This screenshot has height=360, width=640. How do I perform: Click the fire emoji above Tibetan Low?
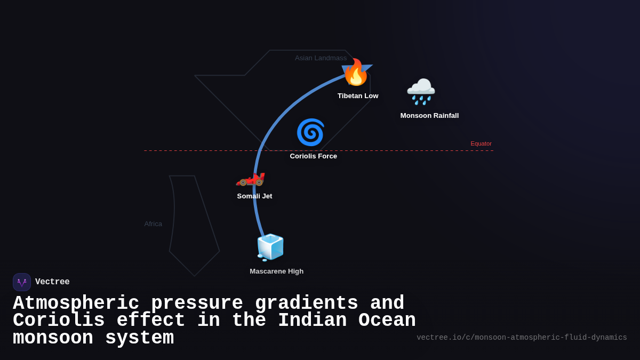pyautogui.click(x=356, y=73)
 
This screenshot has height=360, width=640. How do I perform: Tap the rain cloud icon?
pyautogui.click(x=421, y=91)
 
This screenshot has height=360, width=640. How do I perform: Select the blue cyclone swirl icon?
pyautogui.click(x=310, y=132)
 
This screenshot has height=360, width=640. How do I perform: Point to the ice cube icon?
pyautogui.click(x=270, y=247)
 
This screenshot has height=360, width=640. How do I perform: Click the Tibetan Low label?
pyautogui.click(x=358, y=96)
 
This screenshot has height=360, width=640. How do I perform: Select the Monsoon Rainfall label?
pyautogui.click(x=429, y=116)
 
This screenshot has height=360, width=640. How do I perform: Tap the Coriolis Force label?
pyautogui.click(x=313, y=156)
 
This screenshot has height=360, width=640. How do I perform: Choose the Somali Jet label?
pyautogui.click(x=254, y=196)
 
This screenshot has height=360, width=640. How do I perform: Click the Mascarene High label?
pyautogui.click(x=276, y=271)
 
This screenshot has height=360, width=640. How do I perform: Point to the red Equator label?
pyautogui.click(x=481, y=143)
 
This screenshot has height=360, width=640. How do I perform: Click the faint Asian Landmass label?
pyautogui.click(x=321, y=58)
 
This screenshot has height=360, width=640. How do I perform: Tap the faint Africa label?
pyautogui.click(x=153, y=224)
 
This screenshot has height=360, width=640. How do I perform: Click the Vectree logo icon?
pyautogui.click(x=22, y=282)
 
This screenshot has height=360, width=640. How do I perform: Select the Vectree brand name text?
pyautogui.click(x=52, y=282)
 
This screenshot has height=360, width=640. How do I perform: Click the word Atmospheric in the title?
pyautogui.click(x=75, y=303)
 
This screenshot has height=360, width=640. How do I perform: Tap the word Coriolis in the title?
pyautogui.click(x=59, y=321)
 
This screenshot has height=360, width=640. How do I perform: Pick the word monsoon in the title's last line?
pyautogui.click(x=53, y=338)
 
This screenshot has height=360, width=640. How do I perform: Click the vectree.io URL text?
pyautogui.click(x=522, y=338)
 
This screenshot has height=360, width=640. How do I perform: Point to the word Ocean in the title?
pyautogui.click(x=387, y=321)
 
